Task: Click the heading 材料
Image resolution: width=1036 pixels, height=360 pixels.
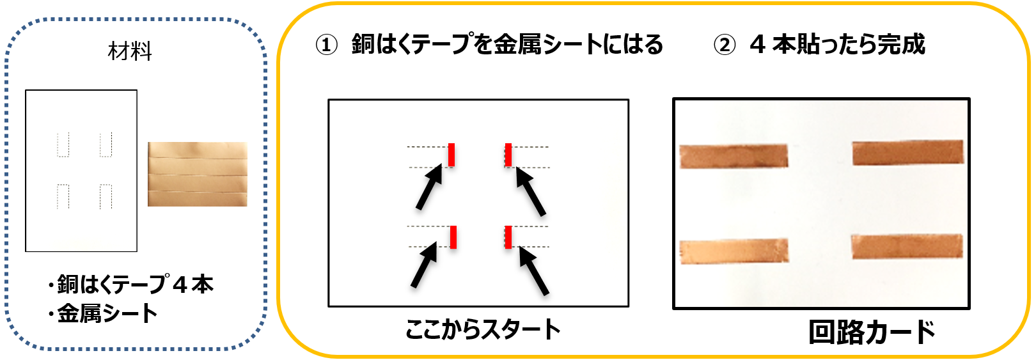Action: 130,51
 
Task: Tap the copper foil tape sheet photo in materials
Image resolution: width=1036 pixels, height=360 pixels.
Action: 198,174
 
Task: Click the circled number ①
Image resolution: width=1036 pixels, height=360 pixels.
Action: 327,45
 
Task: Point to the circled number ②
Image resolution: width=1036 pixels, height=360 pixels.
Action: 725,45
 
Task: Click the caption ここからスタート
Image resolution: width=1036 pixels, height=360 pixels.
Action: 483,329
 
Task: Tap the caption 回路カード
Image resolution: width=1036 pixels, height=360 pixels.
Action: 872,333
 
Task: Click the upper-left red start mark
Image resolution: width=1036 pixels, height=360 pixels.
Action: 451,155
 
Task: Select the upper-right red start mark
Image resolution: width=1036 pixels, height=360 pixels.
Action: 508,155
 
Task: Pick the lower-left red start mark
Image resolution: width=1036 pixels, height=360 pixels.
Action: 453,237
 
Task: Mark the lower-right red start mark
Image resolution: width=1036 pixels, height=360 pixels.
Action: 508,237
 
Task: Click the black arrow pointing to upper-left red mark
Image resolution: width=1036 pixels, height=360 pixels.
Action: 429,187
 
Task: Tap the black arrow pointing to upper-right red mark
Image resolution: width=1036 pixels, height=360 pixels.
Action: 531,191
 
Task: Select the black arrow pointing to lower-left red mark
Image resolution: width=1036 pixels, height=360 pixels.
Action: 424,265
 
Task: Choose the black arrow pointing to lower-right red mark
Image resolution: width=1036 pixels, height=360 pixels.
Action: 534,270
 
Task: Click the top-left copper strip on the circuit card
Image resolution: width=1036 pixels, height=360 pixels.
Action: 734,156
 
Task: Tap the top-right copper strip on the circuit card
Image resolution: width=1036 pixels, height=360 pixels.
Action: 908,152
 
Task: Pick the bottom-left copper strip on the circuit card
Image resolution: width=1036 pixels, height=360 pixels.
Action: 734,251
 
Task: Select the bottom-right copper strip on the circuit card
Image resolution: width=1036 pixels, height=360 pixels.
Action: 907,246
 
